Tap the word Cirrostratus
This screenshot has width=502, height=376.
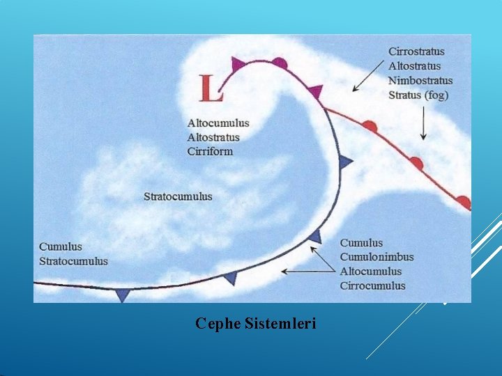(x=416, y=52)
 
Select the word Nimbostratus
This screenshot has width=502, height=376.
(x=420, y=81)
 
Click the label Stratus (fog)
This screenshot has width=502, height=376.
(x=418, y=95)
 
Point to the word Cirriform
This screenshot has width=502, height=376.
(x=210, y=152)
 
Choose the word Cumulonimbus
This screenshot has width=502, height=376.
(x=376, y=257)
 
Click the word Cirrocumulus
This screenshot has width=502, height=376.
(x=372, y=285)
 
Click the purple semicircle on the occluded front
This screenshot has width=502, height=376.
(x=280, y=63)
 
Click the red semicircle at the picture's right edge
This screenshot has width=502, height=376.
(x=464, y=202)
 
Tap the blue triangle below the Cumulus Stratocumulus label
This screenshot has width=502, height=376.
(x=123, y=295)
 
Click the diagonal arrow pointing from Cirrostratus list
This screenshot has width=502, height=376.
(x=368, y=77)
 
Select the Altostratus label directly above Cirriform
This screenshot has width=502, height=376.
(x=213, y=137)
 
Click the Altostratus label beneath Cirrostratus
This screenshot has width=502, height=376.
(x=415, y=66)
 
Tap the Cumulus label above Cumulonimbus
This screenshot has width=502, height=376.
(x=361, y=243)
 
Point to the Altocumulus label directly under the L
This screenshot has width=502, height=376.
(x=218, y=123)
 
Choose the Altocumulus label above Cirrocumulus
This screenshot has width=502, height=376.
(x=371, y=272)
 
